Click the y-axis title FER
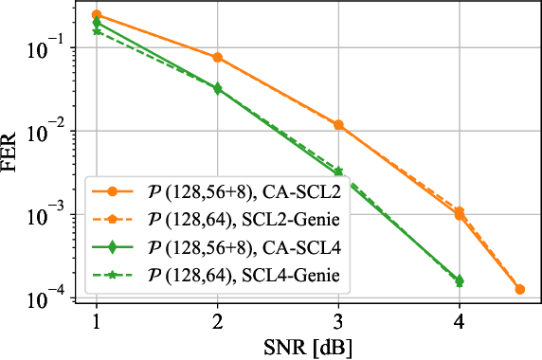[x=14, y=155]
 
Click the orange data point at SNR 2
[x=217, y=57]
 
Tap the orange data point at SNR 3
[x=338, y=125]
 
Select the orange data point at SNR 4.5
[x=519, y=289]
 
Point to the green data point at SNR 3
[x=338, y=171]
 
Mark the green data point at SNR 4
[x=459, y=280]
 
